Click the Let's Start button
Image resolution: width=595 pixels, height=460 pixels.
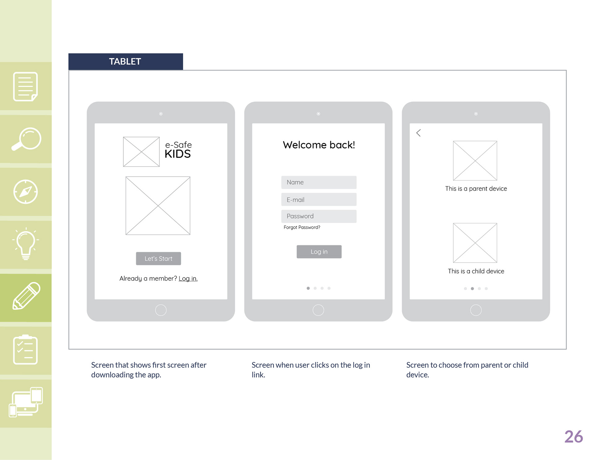(158, 259)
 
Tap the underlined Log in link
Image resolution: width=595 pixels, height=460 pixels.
(188, 278)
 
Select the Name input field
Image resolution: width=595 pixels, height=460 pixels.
(319, 182)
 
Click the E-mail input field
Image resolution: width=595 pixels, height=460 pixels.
(319, 200)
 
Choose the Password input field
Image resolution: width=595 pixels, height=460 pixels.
(319, 216)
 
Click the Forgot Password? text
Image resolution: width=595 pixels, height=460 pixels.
(302, 227)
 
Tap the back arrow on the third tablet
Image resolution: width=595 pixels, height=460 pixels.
(418, 133)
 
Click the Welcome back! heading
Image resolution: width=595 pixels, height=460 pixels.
(319, 145)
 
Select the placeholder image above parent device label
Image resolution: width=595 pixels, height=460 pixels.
(475, 161)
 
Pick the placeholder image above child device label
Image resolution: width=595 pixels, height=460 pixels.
(475, 243)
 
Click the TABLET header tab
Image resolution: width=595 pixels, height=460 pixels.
(126, 61)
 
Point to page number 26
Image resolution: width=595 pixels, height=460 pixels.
(574, 436)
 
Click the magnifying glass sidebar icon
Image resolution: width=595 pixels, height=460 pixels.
(26, 139)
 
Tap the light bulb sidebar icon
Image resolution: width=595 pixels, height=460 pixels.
(26, 244)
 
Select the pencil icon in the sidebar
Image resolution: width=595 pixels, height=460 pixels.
(26, 296)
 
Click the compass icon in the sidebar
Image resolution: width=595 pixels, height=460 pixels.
(26, 192)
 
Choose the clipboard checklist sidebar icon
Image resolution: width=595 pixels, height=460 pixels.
(25, 350)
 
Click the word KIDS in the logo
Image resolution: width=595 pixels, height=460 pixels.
(178, 154)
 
